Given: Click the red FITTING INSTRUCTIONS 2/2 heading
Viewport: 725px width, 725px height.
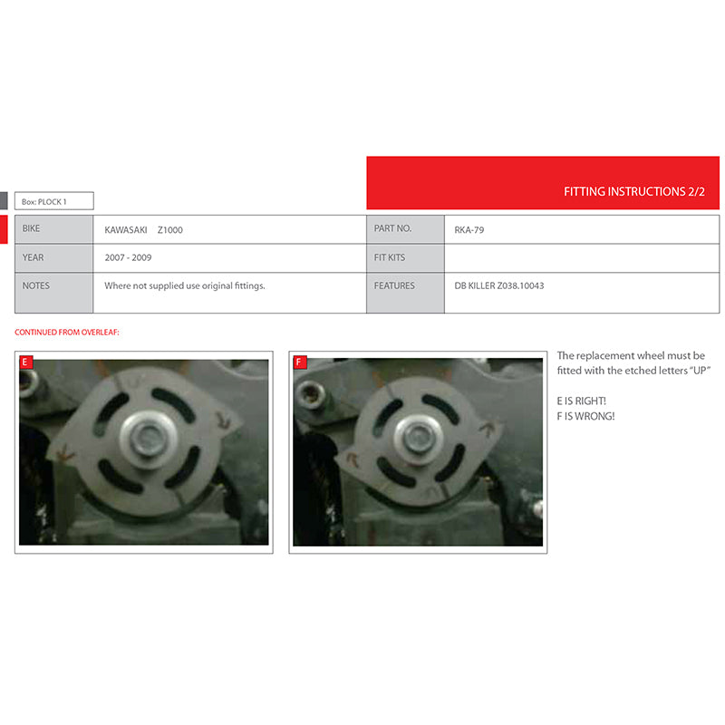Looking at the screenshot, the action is coord(633,191).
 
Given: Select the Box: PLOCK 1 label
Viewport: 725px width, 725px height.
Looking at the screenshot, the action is coord(43,201).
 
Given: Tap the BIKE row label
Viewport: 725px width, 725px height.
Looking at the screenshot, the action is coord(31,228).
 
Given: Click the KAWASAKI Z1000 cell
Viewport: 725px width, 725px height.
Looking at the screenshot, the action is coord(143,230).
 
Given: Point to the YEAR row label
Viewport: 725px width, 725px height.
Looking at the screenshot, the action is coord(33,257).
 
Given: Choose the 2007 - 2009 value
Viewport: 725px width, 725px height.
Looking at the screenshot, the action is coord(128,257).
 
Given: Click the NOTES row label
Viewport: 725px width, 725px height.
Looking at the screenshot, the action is coord(36,285).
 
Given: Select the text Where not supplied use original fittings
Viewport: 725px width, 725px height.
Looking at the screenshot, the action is coord(185,285).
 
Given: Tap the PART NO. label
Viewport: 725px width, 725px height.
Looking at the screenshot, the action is coord(392,228).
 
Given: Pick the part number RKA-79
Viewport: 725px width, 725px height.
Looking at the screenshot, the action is coord(469,230).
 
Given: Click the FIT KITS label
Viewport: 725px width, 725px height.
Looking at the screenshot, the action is coord(390,257).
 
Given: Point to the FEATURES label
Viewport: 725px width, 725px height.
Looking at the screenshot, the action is coord(394,285).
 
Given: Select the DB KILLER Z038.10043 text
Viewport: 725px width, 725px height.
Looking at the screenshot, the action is coord(499,285).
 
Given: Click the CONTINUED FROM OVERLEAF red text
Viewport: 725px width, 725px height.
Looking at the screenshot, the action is coord(66,332).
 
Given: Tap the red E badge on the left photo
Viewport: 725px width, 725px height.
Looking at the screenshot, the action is coord(26,362).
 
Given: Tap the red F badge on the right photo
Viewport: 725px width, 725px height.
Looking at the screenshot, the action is coord(300,362).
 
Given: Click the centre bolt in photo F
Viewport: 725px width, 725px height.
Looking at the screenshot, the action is coord(419,438).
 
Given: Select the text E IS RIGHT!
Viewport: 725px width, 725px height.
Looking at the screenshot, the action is coord(581,401).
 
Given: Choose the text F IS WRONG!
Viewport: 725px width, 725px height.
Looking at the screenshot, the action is coord(585,416).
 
